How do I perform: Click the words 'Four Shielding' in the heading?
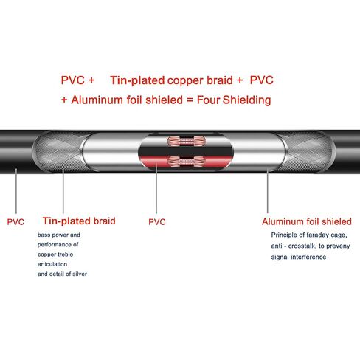(234, 100)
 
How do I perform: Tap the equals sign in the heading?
(190, 100)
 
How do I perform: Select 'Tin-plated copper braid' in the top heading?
(171, 80)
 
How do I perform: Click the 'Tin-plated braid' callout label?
(79, 221)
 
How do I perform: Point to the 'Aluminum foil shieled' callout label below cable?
(307, 221)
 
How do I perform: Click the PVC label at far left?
(15, 222)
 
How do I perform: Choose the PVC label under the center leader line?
(157, 222)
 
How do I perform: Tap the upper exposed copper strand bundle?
(187, 141)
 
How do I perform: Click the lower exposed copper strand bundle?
(187, 162)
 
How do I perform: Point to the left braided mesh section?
(58, 152)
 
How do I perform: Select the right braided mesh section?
(308, 152)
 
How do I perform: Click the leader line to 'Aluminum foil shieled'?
(268, 190)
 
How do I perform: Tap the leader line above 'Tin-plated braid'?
(63, 191)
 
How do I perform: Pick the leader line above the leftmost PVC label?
(16, 191)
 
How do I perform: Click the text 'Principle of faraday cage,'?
(309, 235)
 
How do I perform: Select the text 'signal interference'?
(299, 257)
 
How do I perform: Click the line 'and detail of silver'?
(62, 274)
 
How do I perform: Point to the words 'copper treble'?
(55, 255)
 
